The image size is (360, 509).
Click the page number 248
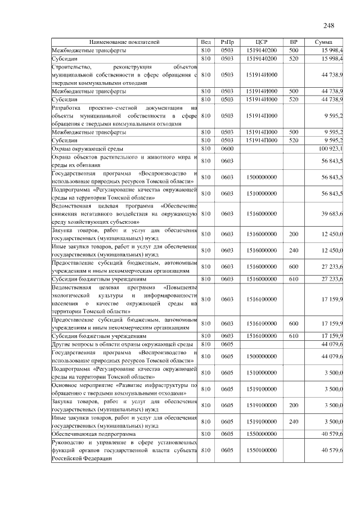pos(329,25)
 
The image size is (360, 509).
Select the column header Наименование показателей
pos(124,42)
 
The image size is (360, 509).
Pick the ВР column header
pos(293,42)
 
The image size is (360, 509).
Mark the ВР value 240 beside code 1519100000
pos(293,421)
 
